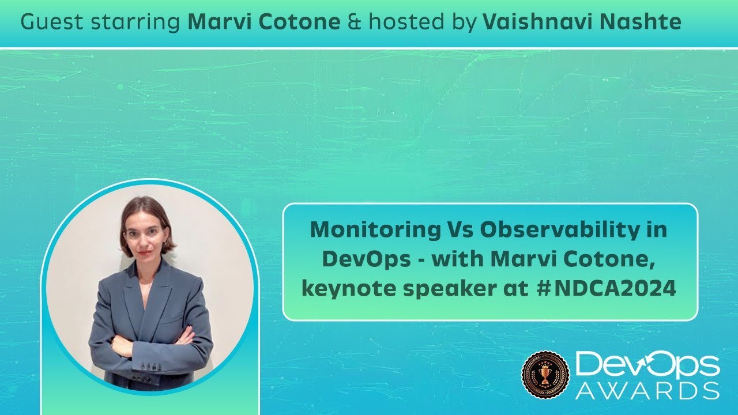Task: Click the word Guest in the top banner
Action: point(47,22)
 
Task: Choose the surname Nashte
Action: point(641,22)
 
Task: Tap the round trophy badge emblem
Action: point(545,375)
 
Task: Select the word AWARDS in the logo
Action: point(647,390)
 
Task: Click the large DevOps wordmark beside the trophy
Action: point(647,364)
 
